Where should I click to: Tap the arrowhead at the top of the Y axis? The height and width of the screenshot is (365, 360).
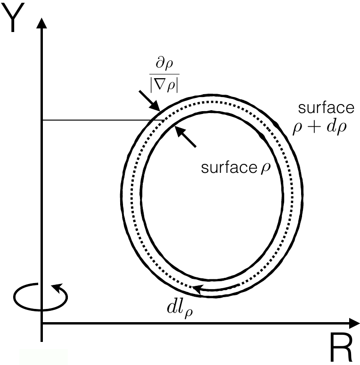click(42, 22)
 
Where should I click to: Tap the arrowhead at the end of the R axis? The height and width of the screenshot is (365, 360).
click(354, 324)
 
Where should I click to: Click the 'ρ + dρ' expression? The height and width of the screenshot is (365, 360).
click(320, 128)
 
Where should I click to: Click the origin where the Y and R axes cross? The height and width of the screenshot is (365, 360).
click(42, 324)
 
